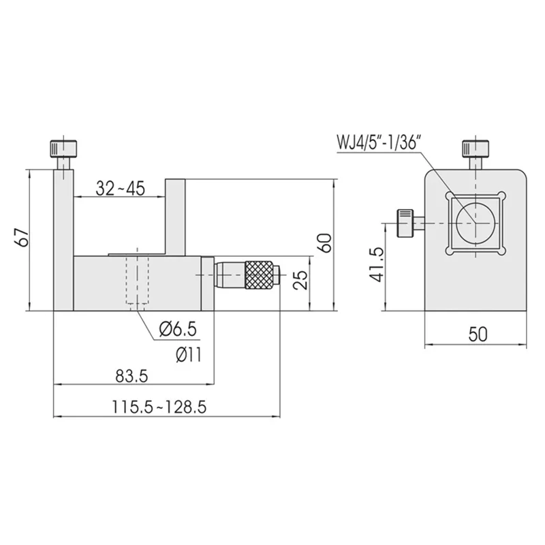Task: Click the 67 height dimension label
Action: [x=23, y=238]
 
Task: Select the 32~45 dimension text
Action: [x=121, y=189]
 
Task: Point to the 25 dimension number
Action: [x=301, y=280]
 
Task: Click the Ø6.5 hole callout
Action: [x=178, y=328]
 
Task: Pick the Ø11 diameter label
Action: [x=189, y=355]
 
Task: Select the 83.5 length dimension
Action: [x=131, y=376]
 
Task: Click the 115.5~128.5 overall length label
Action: [x=159, y=407]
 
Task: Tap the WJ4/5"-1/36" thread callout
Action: [x=379, y=142]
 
